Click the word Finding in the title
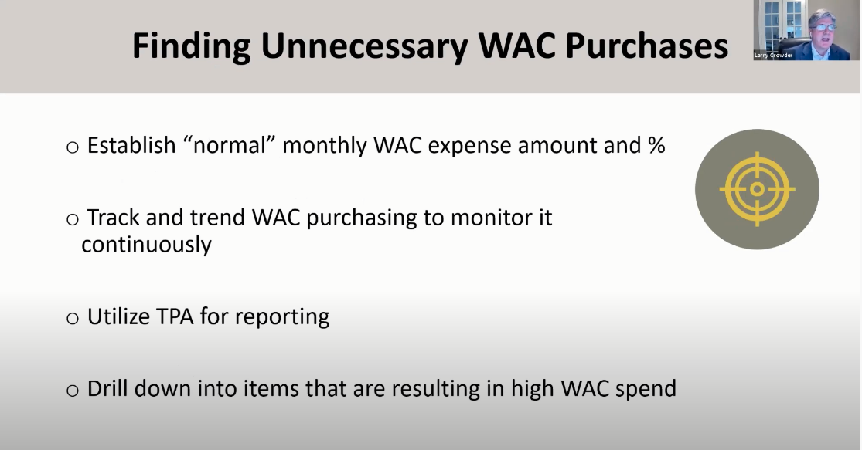pos(191,46)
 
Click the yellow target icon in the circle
pos(757,188)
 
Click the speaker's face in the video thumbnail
pos(822,28)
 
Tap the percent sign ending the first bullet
pos(656,145)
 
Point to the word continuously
pos(146,245)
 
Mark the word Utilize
pos(116,316)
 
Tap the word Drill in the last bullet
pos(108,388)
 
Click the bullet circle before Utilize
pos(73,319)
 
